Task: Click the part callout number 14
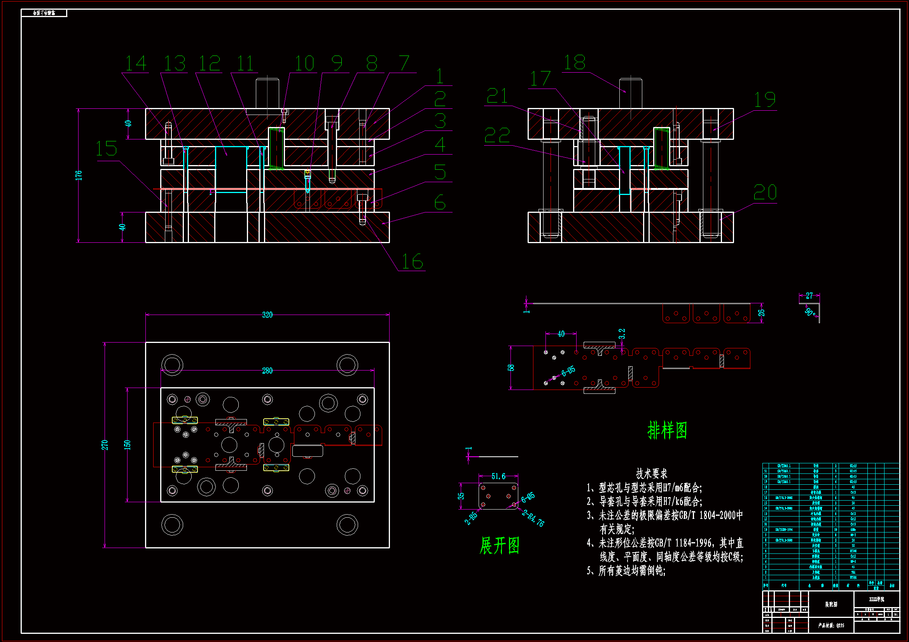click(136, 63)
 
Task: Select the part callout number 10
click(304, 63)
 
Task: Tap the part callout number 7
click(404, 63)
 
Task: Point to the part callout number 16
click(412, 261)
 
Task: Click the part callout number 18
click(575, 63)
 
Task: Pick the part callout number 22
click(497, 136)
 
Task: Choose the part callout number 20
click(765, 193)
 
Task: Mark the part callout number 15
click(107, 149)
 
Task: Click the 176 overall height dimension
click(79, 175)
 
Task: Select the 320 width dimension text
click(267, 315)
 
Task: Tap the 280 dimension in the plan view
click(267, 371)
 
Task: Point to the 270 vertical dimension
click(105, 445)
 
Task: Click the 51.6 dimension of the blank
click(498, 476)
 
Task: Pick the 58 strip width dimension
click(511, 367)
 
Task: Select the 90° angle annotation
click(809, 312)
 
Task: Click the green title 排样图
click(667, 430)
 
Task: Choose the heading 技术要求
click(652, 473)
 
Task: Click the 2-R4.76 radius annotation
click(533, 518)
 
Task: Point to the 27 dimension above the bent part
click(809, 296)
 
